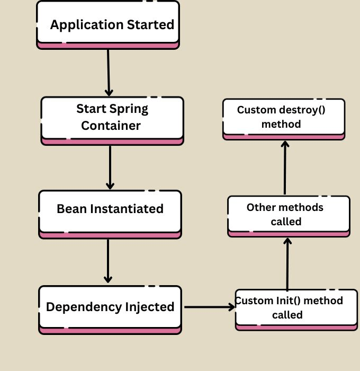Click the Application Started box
coord(108,24)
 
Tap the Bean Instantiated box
coord(110,211)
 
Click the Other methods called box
coord(289,215)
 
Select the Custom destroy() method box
coord(283,118)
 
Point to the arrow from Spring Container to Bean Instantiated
coord(110,167)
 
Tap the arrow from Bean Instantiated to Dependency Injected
coord(108,261)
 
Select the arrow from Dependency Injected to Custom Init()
coord(209,307)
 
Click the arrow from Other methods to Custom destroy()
coord(285,167)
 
